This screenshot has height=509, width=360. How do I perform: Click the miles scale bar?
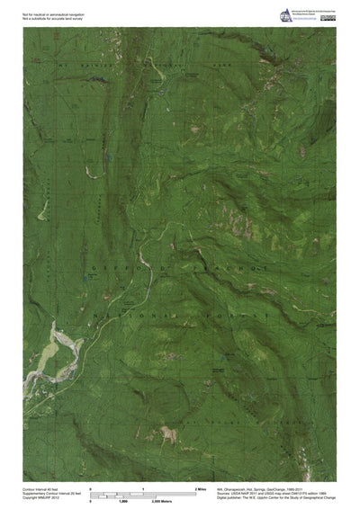143,493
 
